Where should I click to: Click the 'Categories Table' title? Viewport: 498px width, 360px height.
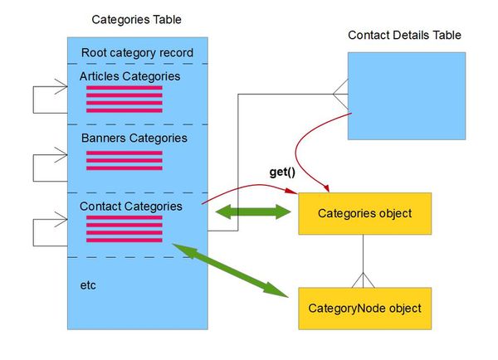click(137, 18)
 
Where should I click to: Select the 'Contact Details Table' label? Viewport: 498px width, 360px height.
click(404, 35)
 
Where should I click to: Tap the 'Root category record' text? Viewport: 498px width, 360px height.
click(137, 53)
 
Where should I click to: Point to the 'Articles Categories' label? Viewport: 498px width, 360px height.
click(129, 76)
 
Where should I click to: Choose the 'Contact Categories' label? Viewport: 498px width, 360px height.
click(131, 204)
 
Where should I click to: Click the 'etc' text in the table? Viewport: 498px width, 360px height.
click(89, 285)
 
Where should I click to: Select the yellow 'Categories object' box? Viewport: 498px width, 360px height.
click(364, 214)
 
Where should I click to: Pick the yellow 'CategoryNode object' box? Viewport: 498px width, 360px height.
click(364, 309)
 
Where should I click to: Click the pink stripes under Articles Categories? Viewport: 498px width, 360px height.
click(124, 99)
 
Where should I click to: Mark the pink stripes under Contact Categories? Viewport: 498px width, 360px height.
click(124, 228)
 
